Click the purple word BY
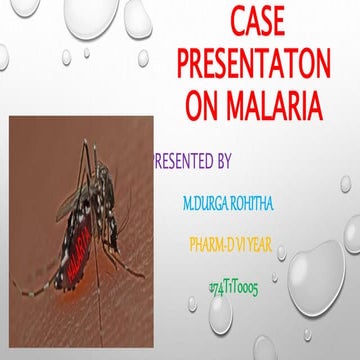[223, 160]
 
